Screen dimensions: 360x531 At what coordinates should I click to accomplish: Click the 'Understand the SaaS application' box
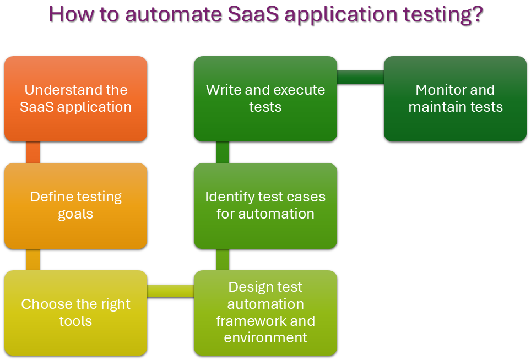pyautogui.click(x=75, y=99)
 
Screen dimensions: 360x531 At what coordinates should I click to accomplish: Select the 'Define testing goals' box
pyautogui.click(x=75, y=205)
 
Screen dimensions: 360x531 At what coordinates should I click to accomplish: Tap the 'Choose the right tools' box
pyautogui.click(x=75, y=312)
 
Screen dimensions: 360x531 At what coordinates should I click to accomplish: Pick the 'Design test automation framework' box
pyautogui.click(x=265, y=312)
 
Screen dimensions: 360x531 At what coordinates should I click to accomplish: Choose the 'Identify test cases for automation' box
pyautogui.click(x=265, y=205)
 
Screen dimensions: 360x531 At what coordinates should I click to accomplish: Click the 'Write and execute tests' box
pyautogui.click(x=265, y=99)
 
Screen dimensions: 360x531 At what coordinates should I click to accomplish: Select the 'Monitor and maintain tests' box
pyautogui.click(x=455, y=99)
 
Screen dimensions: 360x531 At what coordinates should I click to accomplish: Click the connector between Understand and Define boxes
pyautogui.click(x=33, y=152)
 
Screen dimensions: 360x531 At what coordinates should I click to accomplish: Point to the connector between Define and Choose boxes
pyautogui.click(x=33, y=259)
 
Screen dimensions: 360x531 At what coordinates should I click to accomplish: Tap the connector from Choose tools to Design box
pyautogui.click(x=170, y=291)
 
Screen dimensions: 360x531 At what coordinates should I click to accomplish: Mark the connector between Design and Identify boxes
pyautogui.click(x=223, y=259)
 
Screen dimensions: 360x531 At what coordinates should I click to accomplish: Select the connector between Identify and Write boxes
pyautogui.click(x=223, y=152)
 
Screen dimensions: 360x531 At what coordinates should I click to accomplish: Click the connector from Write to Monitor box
pyautogui.click(x=360, y=77)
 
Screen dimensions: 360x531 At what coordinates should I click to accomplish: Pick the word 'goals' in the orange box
pyautogui.click(x=75, y=214)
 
